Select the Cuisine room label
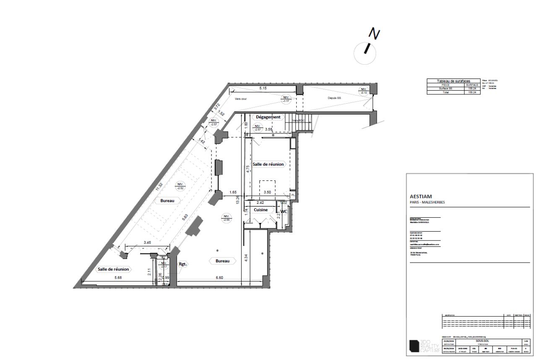[261, 210]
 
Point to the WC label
[284, 211]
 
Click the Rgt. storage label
[183, 264]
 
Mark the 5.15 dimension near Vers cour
[263, 89]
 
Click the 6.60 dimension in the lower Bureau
[220, 278]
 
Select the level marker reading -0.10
[363, 91]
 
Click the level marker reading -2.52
[180, 186]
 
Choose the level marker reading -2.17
[164, 265]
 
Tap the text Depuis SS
[334, 98]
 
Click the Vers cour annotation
[242, 99]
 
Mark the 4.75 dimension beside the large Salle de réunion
[248, 169]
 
